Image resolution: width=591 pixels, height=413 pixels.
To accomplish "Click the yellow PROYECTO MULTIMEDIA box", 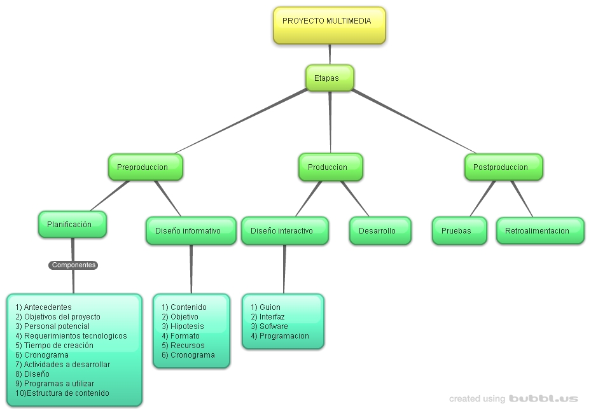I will click(329, 25).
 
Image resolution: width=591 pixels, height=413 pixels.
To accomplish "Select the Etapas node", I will click(329, 78).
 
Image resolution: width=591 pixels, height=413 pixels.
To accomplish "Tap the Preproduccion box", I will click(145, 167).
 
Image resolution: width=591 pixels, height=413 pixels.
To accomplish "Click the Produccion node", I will click(330, 167).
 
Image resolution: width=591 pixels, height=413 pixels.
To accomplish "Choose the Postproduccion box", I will click(503, 167).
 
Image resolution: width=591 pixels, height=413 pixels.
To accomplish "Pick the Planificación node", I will click(72, 225).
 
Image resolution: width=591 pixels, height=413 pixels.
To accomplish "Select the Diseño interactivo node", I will click(284, 231).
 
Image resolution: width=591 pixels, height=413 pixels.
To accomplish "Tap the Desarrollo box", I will click(380, 231).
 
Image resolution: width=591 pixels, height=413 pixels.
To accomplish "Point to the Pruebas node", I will click(459, 231).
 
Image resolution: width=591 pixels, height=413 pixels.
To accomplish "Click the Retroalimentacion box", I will click(539, 231).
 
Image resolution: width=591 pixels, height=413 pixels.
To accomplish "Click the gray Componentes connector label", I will click(73, 265).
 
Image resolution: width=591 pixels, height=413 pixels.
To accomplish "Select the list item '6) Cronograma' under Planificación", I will click(42, 355).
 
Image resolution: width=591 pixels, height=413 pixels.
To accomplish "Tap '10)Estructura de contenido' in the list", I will click(62, 393).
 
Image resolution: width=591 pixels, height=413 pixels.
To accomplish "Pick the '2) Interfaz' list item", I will click(268, 317).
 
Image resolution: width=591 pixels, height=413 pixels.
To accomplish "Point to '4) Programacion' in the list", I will click(280, 336).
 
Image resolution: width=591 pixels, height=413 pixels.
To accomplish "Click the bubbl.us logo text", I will click(543, 399).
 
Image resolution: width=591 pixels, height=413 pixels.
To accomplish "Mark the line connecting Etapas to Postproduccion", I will click(414, 122).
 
